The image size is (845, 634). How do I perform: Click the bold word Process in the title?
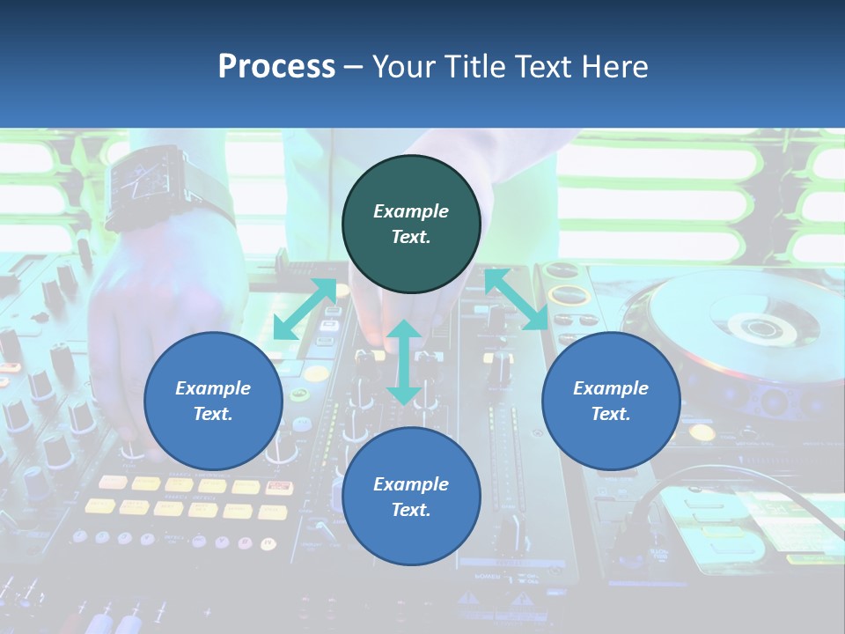[x=276, y=67]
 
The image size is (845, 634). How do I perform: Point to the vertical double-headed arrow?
[x=404, y=362]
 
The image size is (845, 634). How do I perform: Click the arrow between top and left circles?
[x=305, y=309]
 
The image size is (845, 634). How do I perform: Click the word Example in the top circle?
[x=411, y=211]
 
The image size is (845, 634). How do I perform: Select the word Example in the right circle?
[x=611, y=388]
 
